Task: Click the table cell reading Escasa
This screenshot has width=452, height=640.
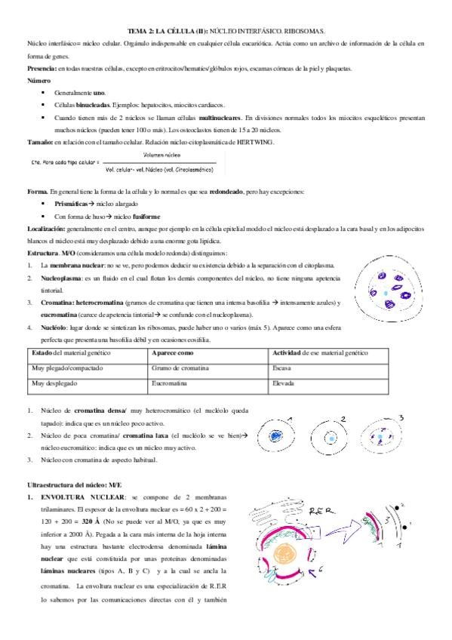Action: (x=282, y=368)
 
